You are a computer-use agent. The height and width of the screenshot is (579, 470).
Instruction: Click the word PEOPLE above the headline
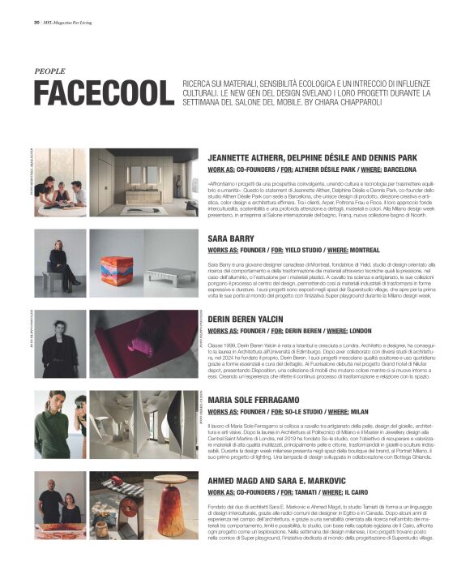[x=50, y=71]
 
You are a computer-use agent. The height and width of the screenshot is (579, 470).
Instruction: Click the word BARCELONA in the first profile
[x=395, y=170]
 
